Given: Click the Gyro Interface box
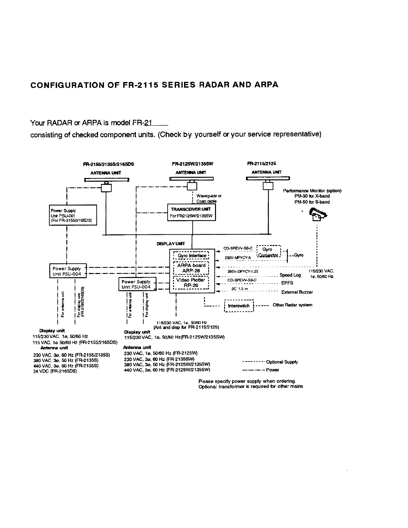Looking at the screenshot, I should tap(191, 256).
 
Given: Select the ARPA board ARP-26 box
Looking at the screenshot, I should tap(191, 268).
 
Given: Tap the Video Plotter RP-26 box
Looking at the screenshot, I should tap(191, 283).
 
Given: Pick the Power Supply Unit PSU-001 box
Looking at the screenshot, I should tap(73, 215).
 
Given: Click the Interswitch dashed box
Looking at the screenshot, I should tap(239, 306).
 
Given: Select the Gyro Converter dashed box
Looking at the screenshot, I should tap(269, 252).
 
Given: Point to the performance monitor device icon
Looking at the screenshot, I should tap(318, 214).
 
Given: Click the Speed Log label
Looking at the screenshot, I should tap(290, 275).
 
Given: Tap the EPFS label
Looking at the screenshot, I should tap(287, 283).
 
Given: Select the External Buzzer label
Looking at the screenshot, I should tap(297, 292).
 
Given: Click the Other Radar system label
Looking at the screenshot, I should tap(292, 305).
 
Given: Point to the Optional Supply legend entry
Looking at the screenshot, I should tap(282, 362).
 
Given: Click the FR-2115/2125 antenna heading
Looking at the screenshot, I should tap(261, 164).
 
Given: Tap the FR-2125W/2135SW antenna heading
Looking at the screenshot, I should tap(192, 164).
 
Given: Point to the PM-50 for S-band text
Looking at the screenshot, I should tap(312, 202).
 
